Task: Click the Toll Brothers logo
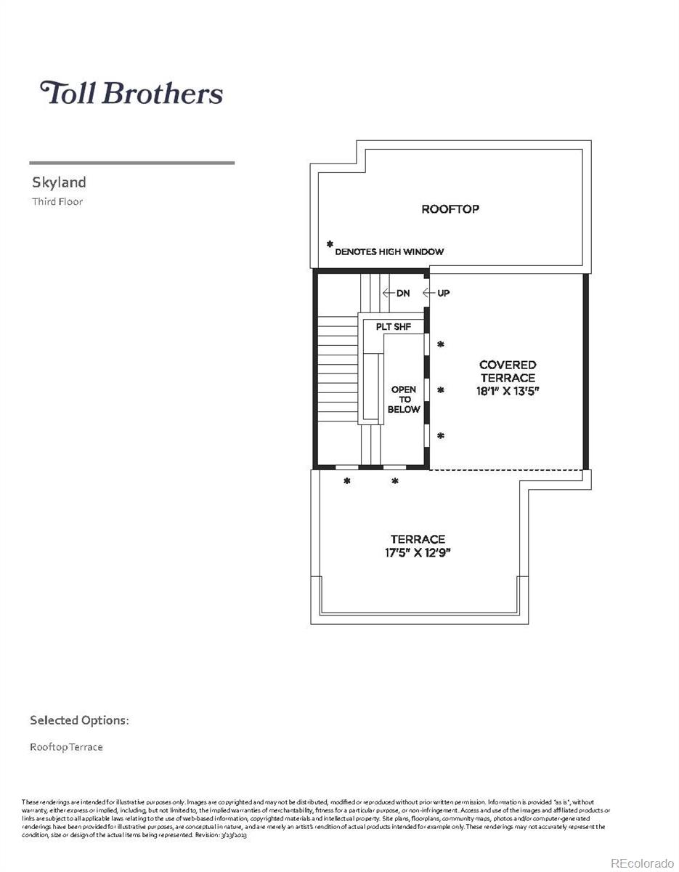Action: [x=131, y=93]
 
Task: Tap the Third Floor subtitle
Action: [x=57, y=202]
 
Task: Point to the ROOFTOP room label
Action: [x=450, y=209]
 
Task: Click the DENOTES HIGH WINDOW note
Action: [x=389, y=252]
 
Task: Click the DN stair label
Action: [x=403, y=294]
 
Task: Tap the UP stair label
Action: [x=443, y=294]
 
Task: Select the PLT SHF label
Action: [x=394, y=327]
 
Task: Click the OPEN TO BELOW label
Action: [x=404, y=400]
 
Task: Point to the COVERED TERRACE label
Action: [x=508, y=371]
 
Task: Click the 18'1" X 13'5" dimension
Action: [x=508, y=391]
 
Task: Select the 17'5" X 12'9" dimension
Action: [x=418, y=552]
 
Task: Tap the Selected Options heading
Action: [x=79, y=721]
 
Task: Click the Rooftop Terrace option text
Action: [x=66, y=747]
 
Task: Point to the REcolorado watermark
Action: [x=643, y=863]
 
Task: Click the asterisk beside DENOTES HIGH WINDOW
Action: [x=330, y=245]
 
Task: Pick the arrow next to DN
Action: [x=388, y=294]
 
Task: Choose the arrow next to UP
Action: [x=429, y=294]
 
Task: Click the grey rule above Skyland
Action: [x=131, y=163]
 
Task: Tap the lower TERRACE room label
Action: [x=418, y=539]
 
